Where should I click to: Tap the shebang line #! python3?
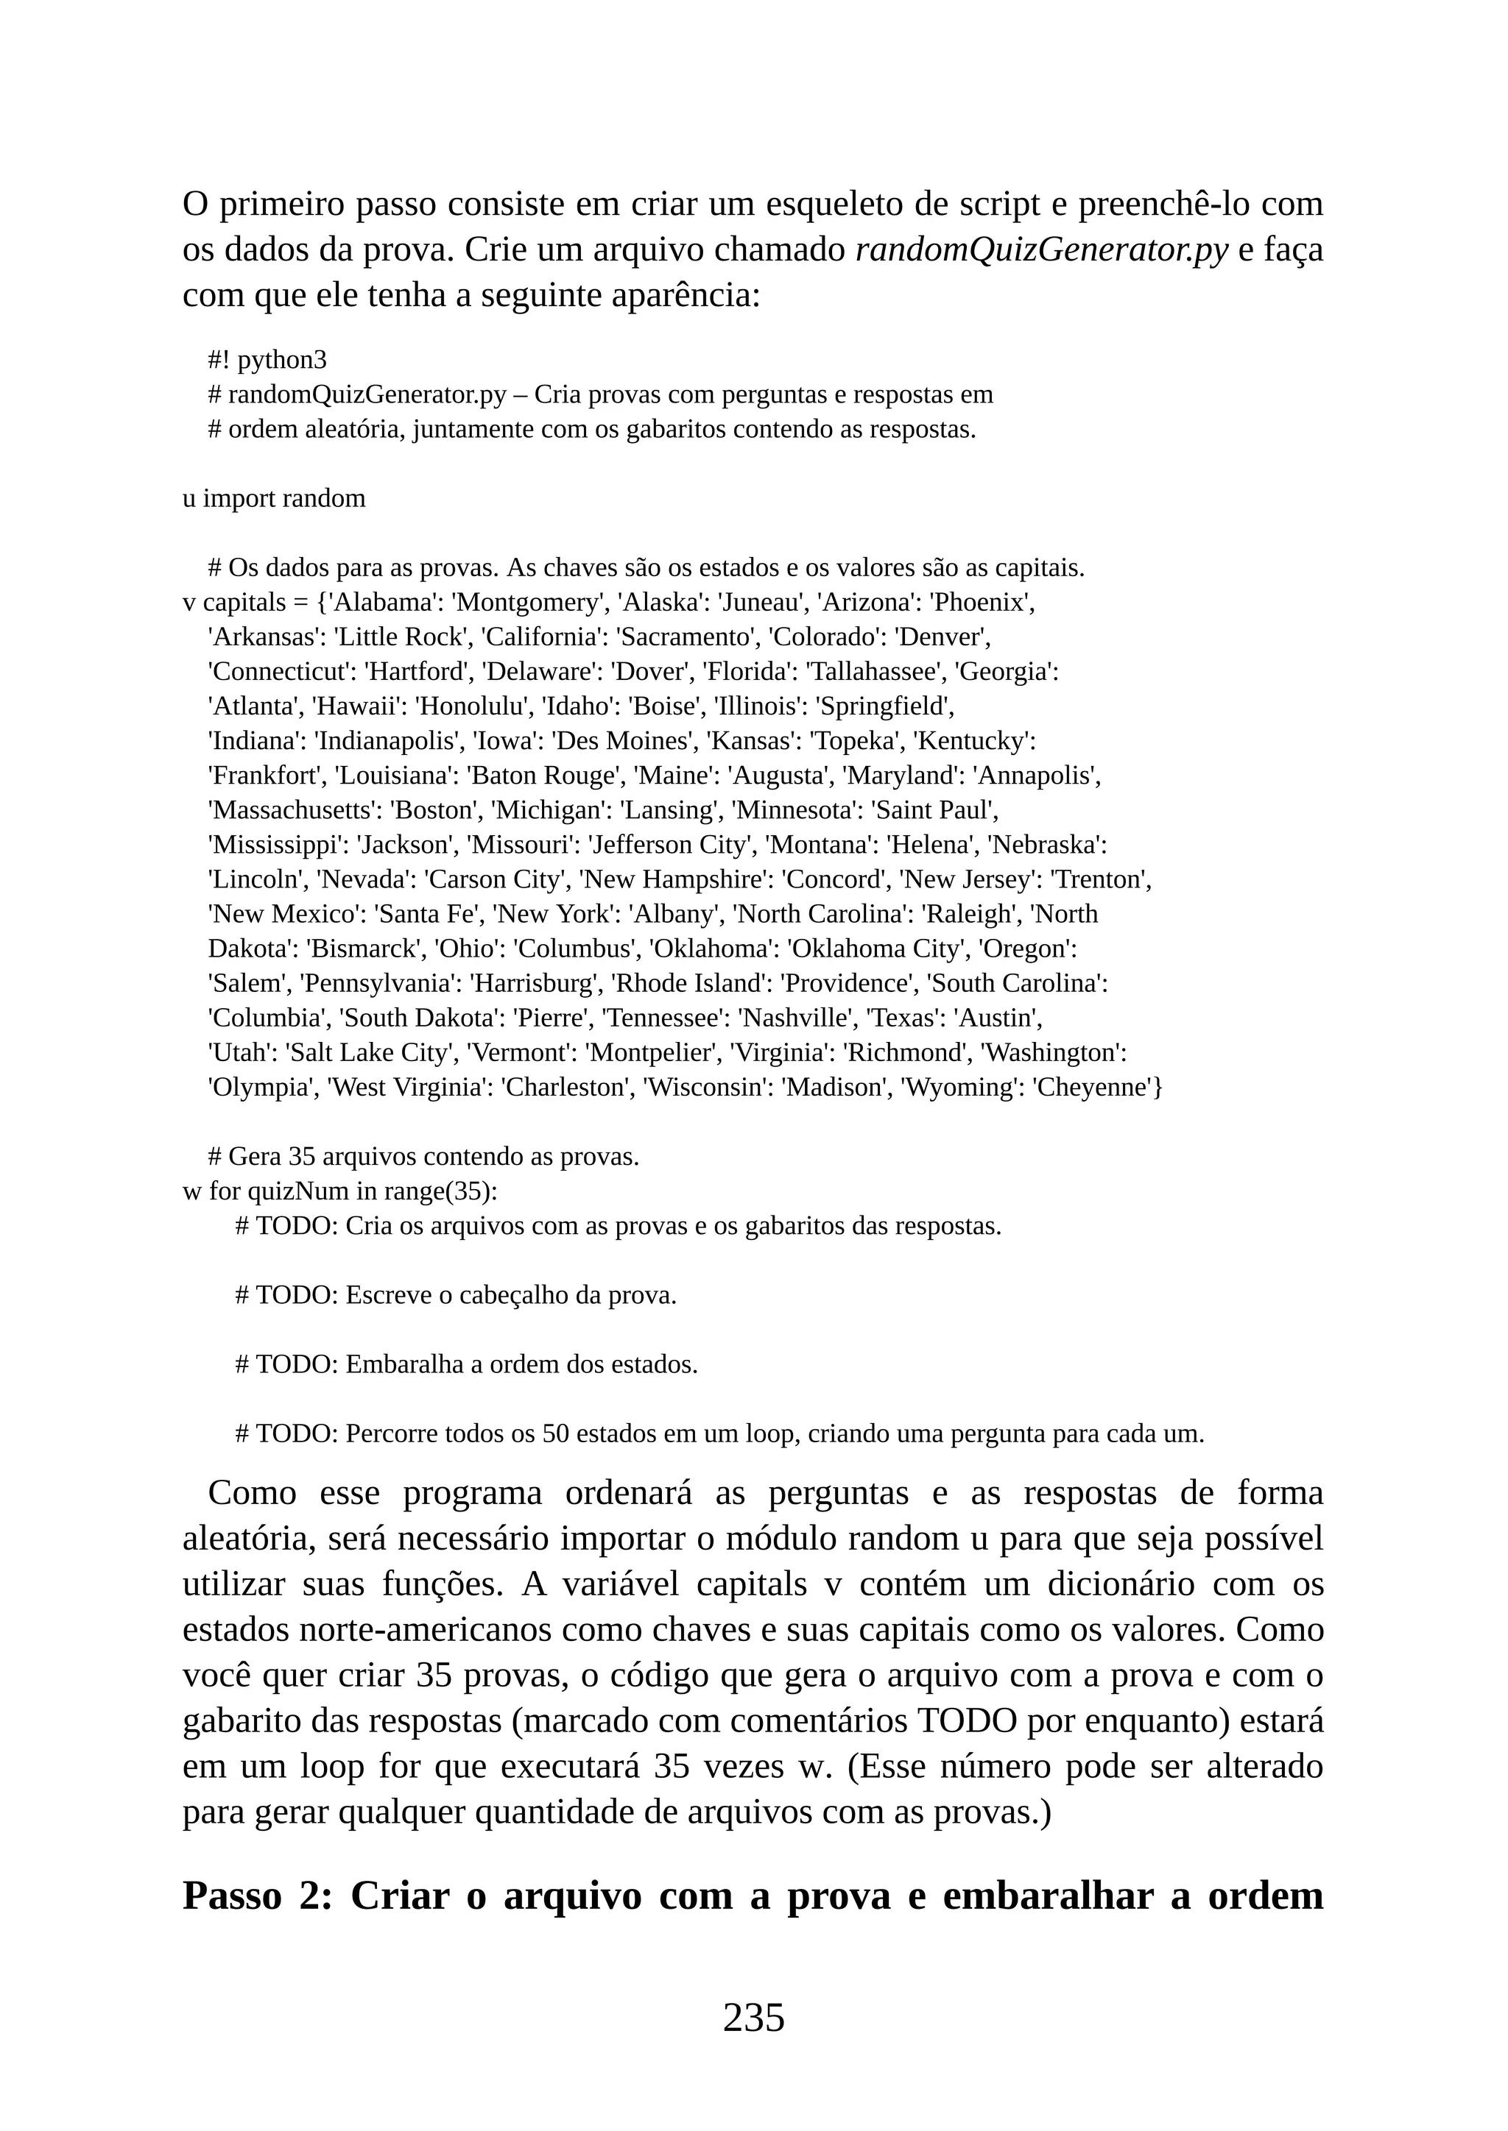click(x=267, y=359)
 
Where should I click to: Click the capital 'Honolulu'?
click(x=473, y=706)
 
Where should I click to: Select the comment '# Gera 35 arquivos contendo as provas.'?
click(x=423, y=1157)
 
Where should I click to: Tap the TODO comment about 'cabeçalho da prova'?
click(x=456, y=1295)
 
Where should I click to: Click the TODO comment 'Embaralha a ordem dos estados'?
click(x=466, y=1364)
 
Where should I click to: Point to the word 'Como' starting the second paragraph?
click(x=252, y=1492)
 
